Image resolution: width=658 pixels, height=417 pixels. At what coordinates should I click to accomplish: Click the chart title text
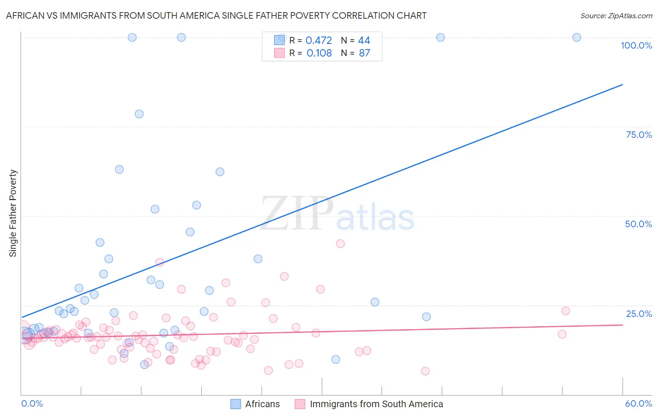click(x=216, y=15)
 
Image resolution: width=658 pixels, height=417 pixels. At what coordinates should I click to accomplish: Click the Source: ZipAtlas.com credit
click(x=616, y=15)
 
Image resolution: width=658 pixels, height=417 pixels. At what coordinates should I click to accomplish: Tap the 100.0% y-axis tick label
click(x=636, y=45)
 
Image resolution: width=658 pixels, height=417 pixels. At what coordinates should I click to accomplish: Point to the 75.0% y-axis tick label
click(x=639, y=135)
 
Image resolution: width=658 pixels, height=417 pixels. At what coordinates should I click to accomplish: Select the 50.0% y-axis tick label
click(x=638, y=224)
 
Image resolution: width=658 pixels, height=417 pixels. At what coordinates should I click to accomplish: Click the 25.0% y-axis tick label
click(x=639, y=313)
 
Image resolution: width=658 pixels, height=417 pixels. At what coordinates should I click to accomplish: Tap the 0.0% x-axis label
click(x=32, y=403)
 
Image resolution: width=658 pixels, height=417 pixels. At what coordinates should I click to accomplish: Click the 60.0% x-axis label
click(x=638, y=403)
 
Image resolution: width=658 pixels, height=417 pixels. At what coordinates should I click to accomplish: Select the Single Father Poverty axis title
click(x=13, y=213)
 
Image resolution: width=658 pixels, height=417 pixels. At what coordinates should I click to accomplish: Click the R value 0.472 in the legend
click(x=319, y=41)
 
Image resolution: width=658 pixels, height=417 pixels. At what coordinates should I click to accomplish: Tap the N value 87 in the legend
click(x=364, y=53)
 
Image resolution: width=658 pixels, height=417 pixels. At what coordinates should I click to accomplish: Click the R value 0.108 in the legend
click(x=319, y=53)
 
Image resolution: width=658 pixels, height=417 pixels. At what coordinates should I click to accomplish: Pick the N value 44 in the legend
click(x=364, y=41)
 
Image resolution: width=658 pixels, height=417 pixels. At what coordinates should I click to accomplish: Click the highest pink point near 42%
click(x=340, y=244)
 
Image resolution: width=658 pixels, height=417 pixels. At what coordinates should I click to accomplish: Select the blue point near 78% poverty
click(x=139, y=114)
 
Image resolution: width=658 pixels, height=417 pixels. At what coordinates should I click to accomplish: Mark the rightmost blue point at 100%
click(x=577, y=37)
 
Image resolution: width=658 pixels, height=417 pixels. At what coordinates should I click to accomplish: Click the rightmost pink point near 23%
click(x=565, y=311)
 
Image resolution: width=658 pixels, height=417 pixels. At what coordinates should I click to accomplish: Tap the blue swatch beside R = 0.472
click(x=279, y=40)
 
